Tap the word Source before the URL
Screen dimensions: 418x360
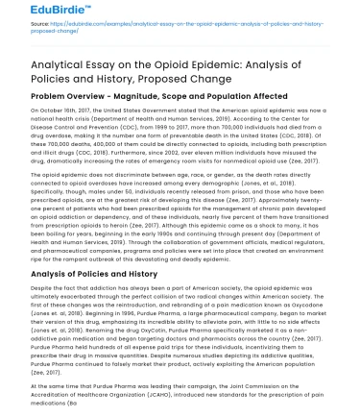click(16, 29)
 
